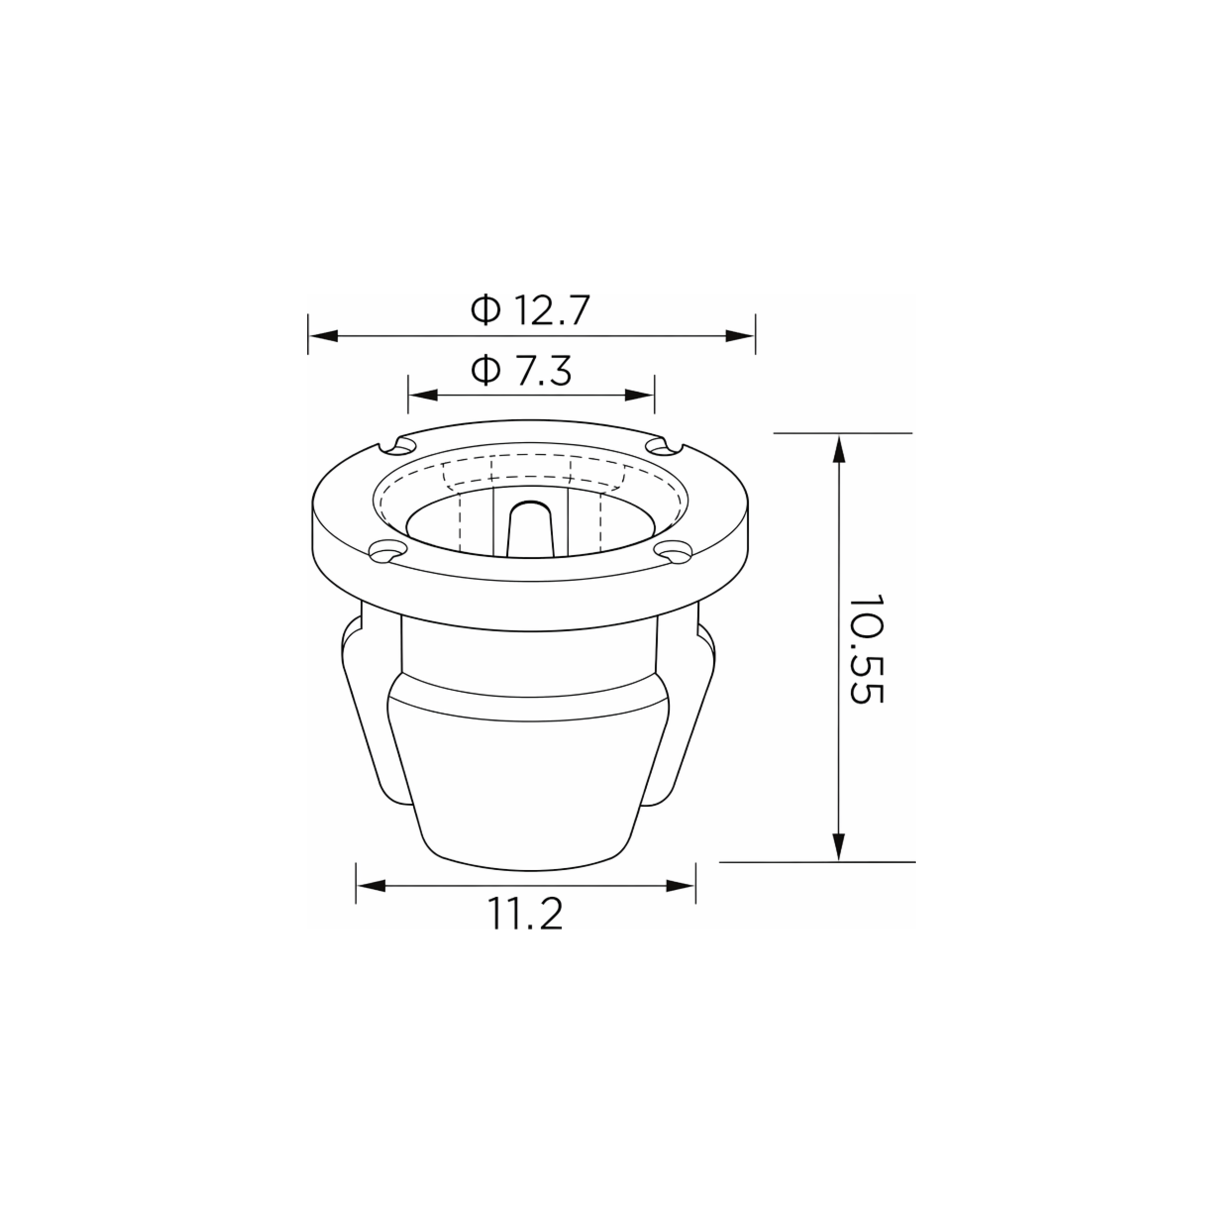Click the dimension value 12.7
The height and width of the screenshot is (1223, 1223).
point(553,310)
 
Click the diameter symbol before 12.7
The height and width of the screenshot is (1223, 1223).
point(485,310)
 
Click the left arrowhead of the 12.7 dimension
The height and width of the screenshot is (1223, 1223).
point(323,336)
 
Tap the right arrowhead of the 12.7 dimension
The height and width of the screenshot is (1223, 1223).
point(740,336)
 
